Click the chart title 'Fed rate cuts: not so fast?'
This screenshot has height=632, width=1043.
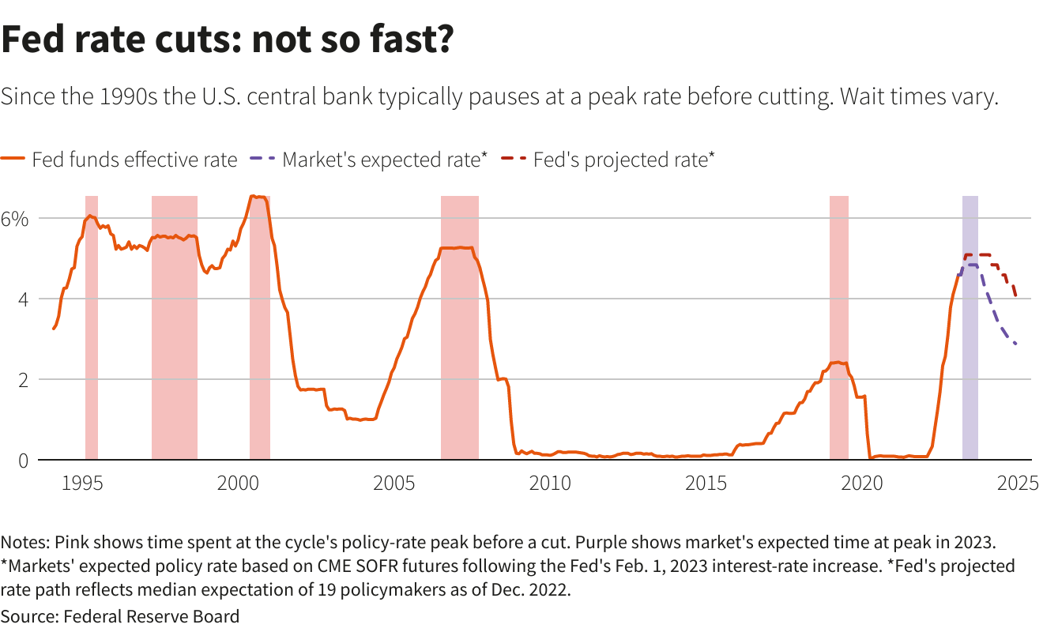point(227,39)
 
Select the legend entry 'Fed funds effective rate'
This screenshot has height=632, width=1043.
point(134,160)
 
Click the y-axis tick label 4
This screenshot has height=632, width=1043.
point(23,299)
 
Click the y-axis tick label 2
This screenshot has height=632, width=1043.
point(23,380)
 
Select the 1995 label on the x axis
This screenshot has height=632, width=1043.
point(82,483)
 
